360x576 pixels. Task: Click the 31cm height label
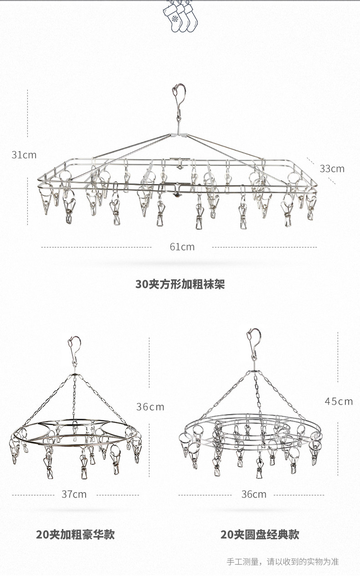click(24, 155)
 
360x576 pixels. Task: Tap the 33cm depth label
click(332, 169)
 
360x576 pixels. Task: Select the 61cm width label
click(182, 247)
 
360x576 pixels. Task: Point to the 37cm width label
click(74, 494)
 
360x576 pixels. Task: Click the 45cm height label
click(339, 401)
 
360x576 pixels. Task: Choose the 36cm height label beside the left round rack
click(150, 406)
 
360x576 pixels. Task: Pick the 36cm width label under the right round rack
click(254, 494)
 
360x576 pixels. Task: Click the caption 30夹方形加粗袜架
click(180, 284)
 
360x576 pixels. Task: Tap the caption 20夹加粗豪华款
click(75, 535)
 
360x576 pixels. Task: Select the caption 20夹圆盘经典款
click(260, 535)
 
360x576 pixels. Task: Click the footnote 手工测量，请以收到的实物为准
click(283, 561)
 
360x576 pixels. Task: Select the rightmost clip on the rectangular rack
click(311, 207)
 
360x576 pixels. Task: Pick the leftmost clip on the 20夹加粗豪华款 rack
click(15, 449)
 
